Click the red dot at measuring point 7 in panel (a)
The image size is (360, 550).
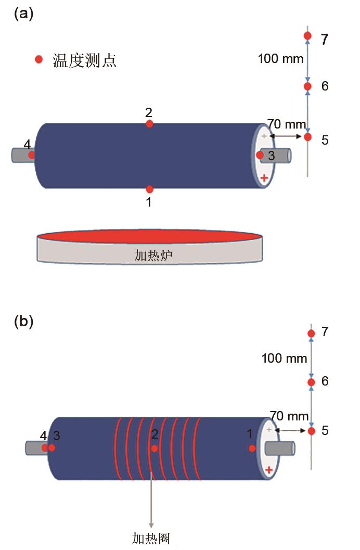(307, 36)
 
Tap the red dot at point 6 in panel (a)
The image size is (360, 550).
(307, 86)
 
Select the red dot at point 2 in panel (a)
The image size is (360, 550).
(149, 124)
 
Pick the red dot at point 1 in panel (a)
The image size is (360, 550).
(149, 189)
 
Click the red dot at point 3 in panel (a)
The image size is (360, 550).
(260, 155)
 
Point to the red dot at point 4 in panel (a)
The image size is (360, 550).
(32, 155)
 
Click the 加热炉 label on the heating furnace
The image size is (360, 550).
(150, 255)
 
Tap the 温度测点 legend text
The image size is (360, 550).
(84, 60)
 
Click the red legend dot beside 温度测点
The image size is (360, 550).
(38, 60)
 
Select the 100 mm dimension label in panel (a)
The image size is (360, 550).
(280, 59)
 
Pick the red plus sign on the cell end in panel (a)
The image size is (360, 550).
(264, 178)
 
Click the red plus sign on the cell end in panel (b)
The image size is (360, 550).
(269, 470)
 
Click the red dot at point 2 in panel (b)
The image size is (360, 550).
(154, 448)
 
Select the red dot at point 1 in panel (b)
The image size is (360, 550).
(252, 448)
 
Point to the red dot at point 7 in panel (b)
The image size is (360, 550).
(311, 334)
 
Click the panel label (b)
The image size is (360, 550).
(23, 322)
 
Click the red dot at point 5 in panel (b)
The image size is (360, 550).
(311, 431)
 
